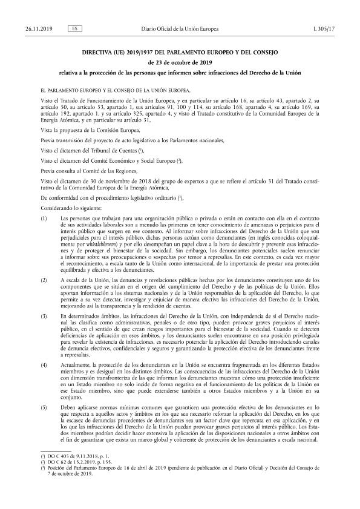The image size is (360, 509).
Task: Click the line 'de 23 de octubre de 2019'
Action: click(x=180, y=63)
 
